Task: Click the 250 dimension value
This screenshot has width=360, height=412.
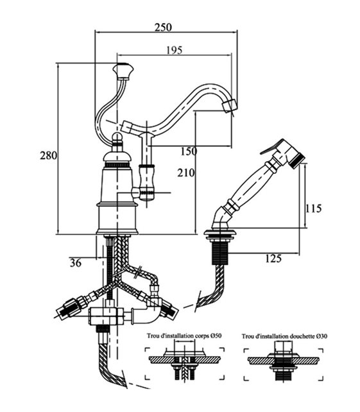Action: pyautogui.click(x=163, y=27)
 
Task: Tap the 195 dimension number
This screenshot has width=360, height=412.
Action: pyautogui.click(x=174, y=50)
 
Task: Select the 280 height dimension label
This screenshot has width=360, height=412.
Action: pyautogui.click(x=48, y=155)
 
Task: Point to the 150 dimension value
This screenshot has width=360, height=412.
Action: pyautogui.click(x=189, y=151)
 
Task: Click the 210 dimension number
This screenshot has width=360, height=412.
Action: pyautogui.click(x=186, y=173)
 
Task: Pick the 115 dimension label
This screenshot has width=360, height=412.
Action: pyautogui.click(x=313, y=209)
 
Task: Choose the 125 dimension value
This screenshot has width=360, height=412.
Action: pyautogui.click(x=273, y=259)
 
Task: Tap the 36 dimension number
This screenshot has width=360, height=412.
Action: pyautogui.click(x=76, y=262)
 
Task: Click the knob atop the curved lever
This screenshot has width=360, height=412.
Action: pyautogui.click(x=123, y=71)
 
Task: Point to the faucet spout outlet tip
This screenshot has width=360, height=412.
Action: pyautogui.click(x=230, y=107)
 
